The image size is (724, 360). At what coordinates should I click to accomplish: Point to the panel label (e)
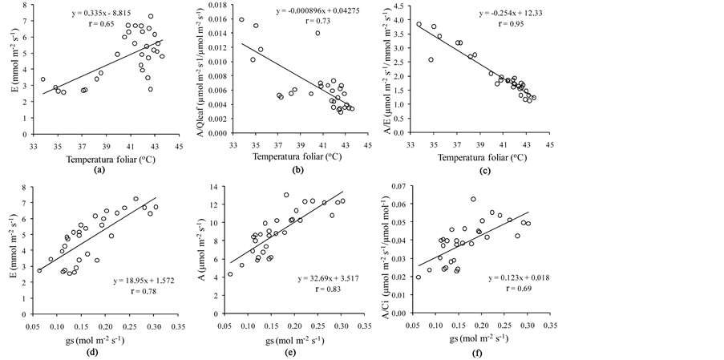tap(293, 353)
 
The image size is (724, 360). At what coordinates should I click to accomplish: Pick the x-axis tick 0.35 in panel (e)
tap(365, 328)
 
